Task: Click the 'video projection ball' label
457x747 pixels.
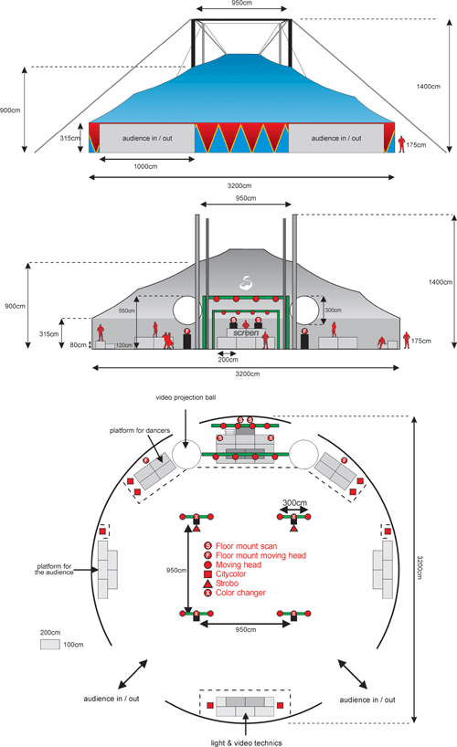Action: [186, 397]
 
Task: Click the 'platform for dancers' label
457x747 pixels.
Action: [140, 431]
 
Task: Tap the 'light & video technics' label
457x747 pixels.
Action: [246, 742]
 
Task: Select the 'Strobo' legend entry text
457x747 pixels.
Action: [227, 584]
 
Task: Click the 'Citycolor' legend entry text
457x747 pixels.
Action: [231, 574]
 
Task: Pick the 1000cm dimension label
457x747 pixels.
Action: [145, 167]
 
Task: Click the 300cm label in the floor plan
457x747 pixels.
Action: [295, 502]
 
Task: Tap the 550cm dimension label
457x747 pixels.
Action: [127, 310]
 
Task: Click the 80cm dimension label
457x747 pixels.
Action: [79, 345]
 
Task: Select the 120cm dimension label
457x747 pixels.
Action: [123, 345]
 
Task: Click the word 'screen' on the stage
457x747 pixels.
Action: [246, 333]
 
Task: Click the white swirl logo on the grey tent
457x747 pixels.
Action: [246, 282]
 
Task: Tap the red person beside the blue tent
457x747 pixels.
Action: [401, 144]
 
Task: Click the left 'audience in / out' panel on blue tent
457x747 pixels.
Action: [147, 138]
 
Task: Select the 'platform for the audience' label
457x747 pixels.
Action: [54, 569]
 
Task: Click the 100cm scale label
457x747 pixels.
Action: [73, 645]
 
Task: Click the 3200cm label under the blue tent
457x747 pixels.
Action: [239, 185]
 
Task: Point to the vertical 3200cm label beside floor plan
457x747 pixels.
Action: [420, 567]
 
